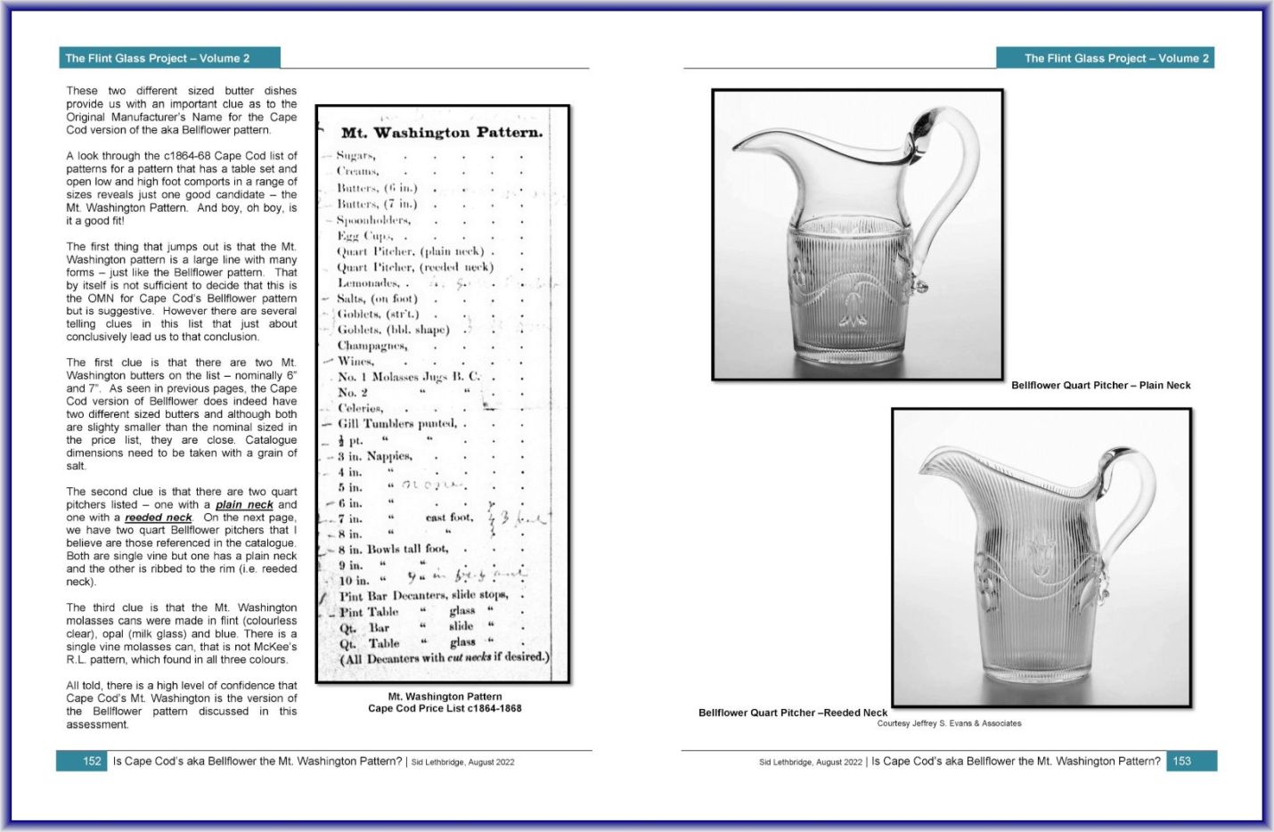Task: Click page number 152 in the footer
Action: click(x=92, y=762)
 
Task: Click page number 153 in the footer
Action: click(x=1181, y=762)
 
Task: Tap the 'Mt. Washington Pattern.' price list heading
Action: click(x=441, y=133)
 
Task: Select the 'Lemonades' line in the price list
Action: click(x=368, y=283)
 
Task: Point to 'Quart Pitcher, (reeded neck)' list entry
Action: click(x=414, y=267)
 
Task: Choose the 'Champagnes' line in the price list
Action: click(x=372, y=346)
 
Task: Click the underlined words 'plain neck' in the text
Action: click(x=244, y=505)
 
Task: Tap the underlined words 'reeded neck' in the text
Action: click(x=158, y=518)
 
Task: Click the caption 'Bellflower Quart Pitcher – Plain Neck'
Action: click(x=1100, y=386)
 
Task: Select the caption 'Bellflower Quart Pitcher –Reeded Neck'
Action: click(x=793, y=713)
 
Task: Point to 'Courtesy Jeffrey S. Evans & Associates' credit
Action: click(x=949, y=723)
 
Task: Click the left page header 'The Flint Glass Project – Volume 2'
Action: click(x=158, y=59)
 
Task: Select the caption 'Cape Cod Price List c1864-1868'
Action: click(x=445, y=709)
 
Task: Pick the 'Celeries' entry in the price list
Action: click(x=360, y=408)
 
